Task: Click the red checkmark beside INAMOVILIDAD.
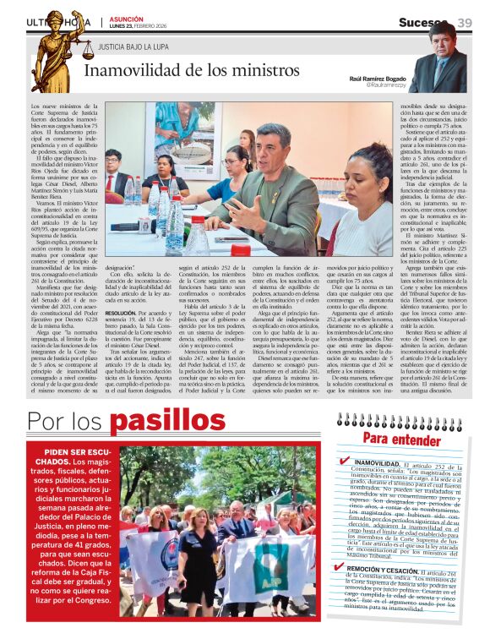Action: [x=344, y=462]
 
